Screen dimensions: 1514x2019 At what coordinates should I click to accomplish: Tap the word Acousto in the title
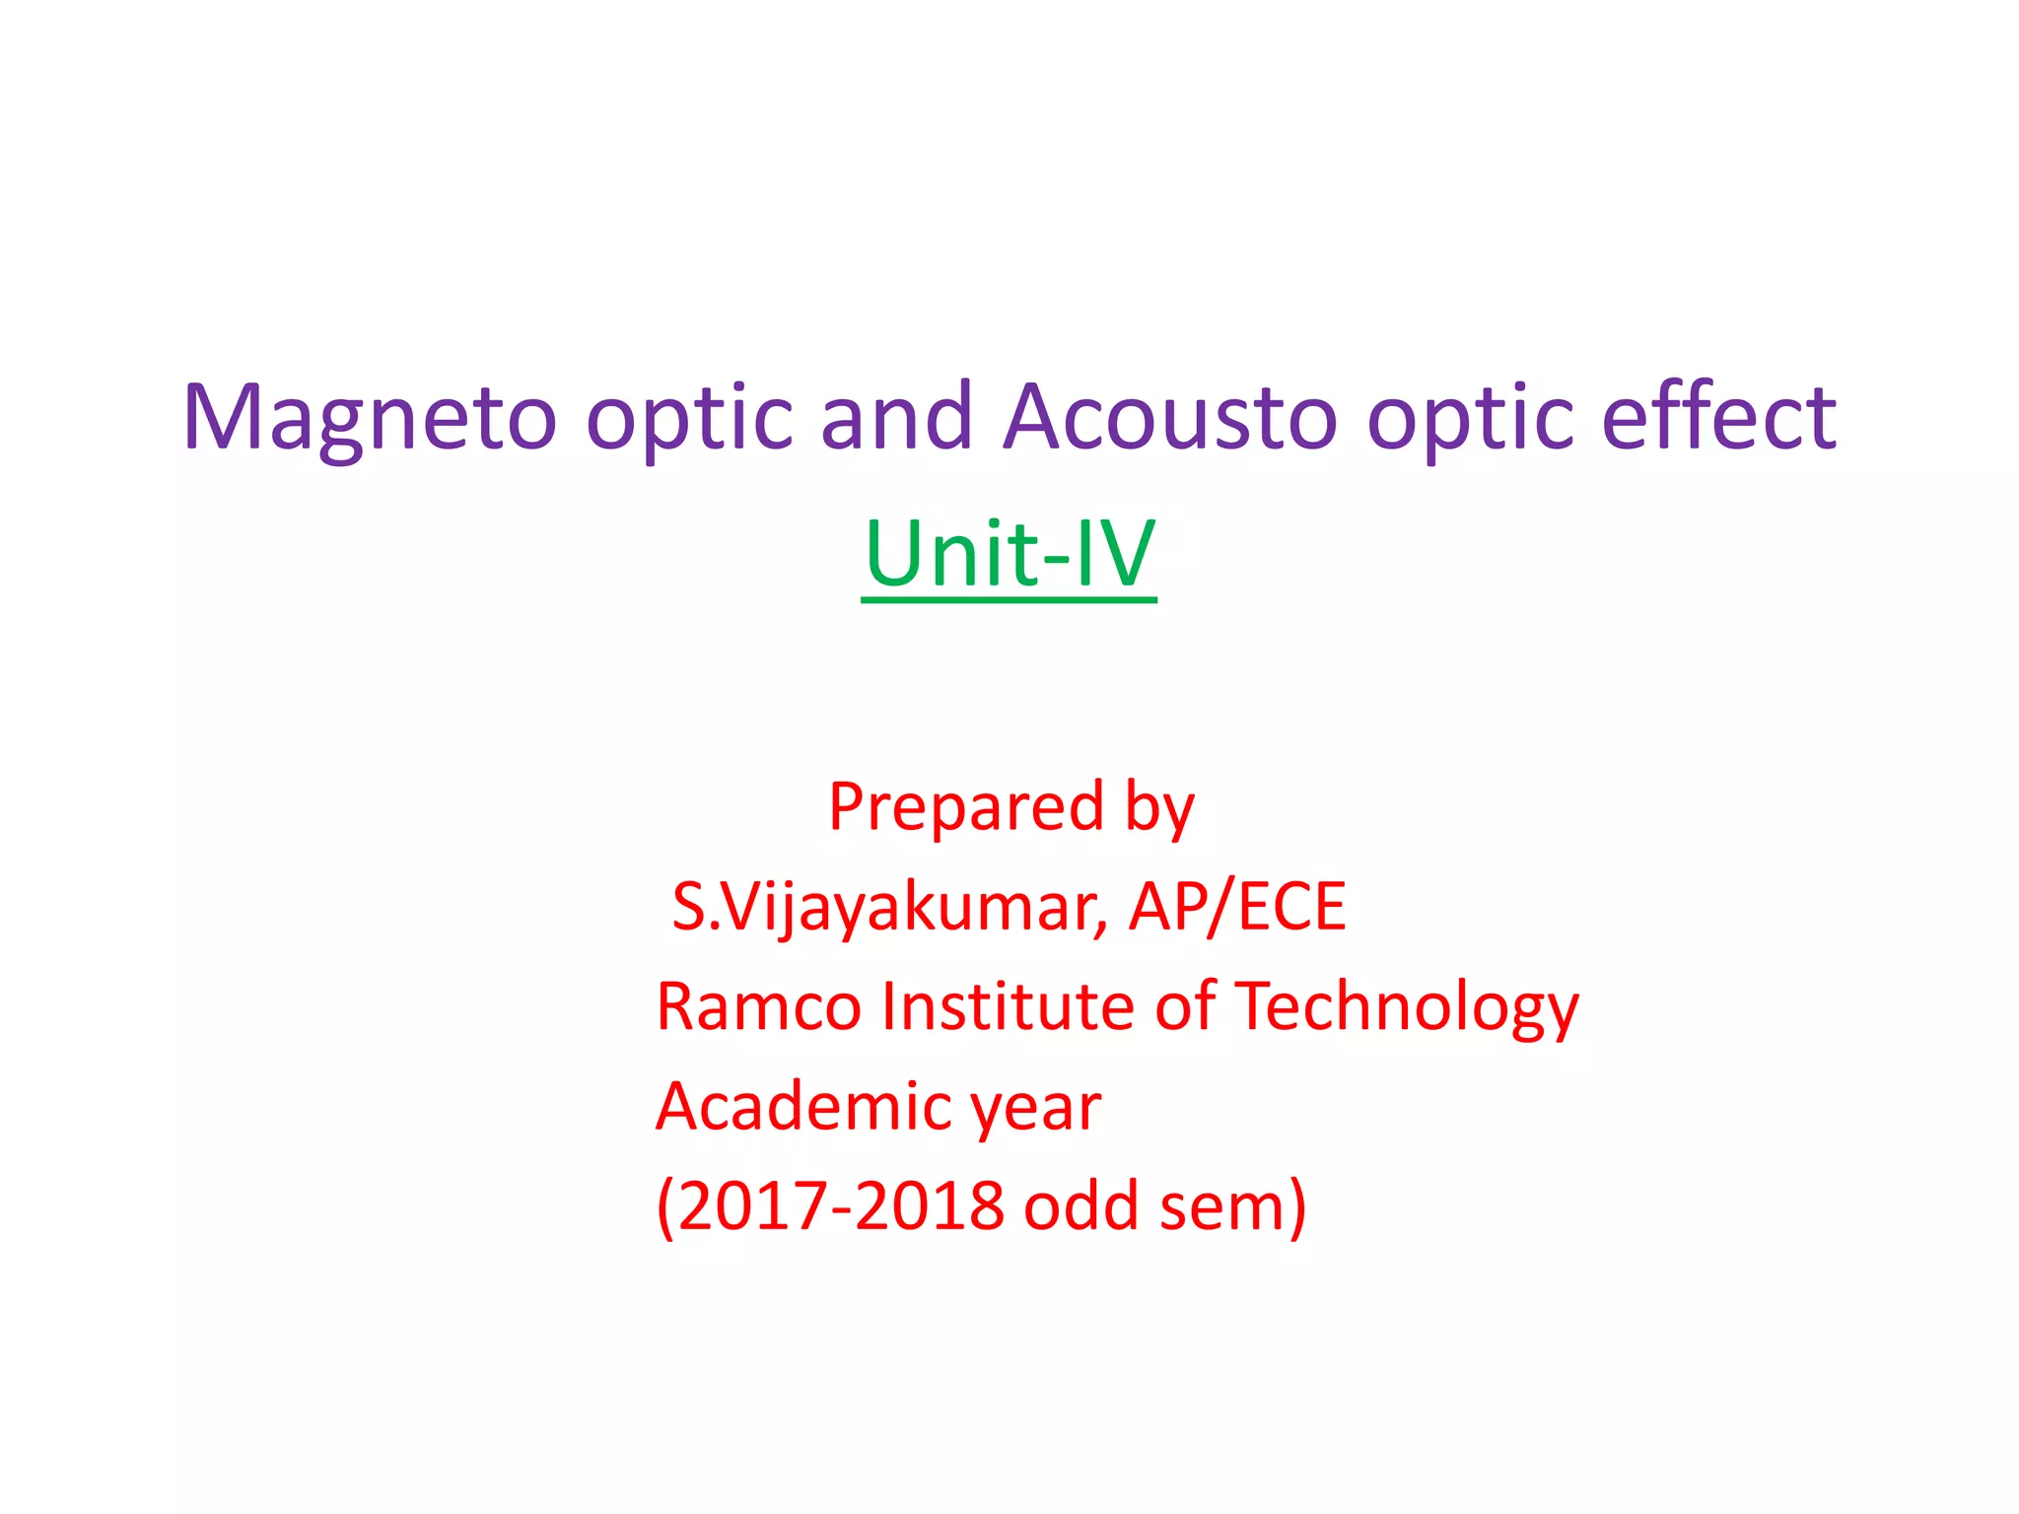1170,419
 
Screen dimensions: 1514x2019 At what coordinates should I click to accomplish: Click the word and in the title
896,419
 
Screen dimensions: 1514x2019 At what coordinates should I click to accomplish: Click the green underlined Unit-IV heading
1009,554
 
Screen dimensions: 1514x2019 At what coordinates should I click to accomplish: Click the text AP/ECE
1237,907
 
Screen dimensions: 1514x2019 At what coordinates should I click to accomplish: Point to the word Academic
801,1107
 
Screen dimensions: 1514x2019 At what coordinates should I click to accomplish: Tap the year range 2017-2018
841,1206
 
